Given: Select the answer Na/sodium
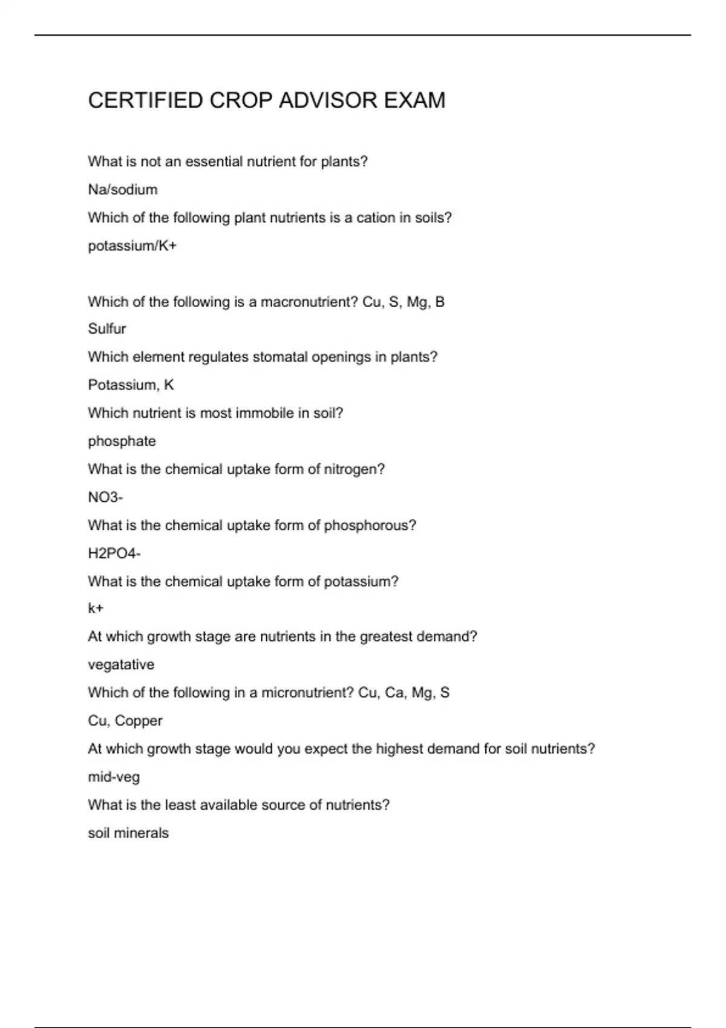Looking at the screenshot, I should (x=123, y=190).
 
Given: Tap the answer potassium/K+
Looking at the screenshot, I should (x=132, y=246).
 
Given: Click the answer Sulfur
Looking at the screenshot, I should (x=107, y=329).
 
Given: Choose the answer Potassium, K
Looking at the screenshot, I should (x=131, y=385).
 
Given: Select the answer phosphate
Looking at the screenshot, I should (x=122, y=441).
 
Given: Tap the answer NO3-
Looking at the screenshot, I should (x=105, y=498).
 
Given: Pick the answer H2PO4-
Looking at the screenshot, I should (x=114, y=553).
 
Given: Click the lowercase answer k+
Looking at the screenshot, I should (x=96, y=608).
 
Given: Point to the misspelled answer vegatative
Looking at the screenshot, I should (x=121, y=665).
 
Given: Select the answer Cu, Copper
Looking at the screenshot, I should (x=125, y=721).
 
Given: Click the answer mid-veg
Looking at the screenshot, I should (x=114, y=777).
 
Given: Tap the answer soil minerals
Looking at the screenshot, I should (x=128, y=833).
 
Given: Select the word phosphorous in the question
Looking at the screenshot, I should (x=370, y=525).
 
